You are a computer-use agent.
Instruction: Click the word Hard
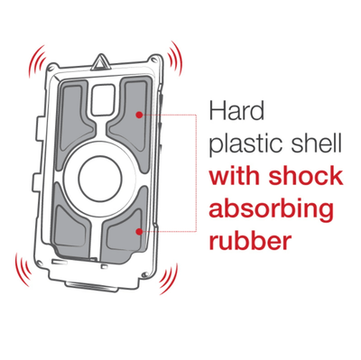tap(236, 111)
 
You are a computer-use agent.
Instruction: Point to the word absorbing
tap(272, 210)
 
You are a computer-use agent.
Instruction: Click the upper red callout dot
tap(139, 115)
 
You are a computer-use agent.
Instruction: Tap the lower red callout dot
tap(139, 231)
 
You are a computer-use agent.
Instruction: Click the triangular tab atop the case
tap(98, 61)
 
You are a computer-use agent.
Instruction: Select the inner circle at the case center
tap(100, 179)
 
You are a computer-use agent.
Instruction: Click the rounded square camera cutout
tap(103, 98)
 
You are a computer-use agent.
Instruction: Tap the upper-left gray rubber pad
tap(74, 120)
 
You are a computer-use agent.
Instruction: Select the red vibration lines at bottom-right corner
tap(170, 279)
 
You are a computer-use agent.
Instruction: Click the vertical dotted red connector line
tap(197, 173)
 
